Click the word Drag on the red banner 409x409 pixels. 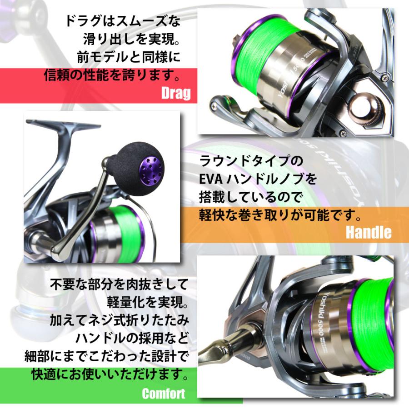pos(175,94)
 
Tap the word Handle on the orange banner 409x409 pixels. pos(368,232)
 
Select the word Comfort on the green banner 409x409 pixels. pos(163,393)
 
